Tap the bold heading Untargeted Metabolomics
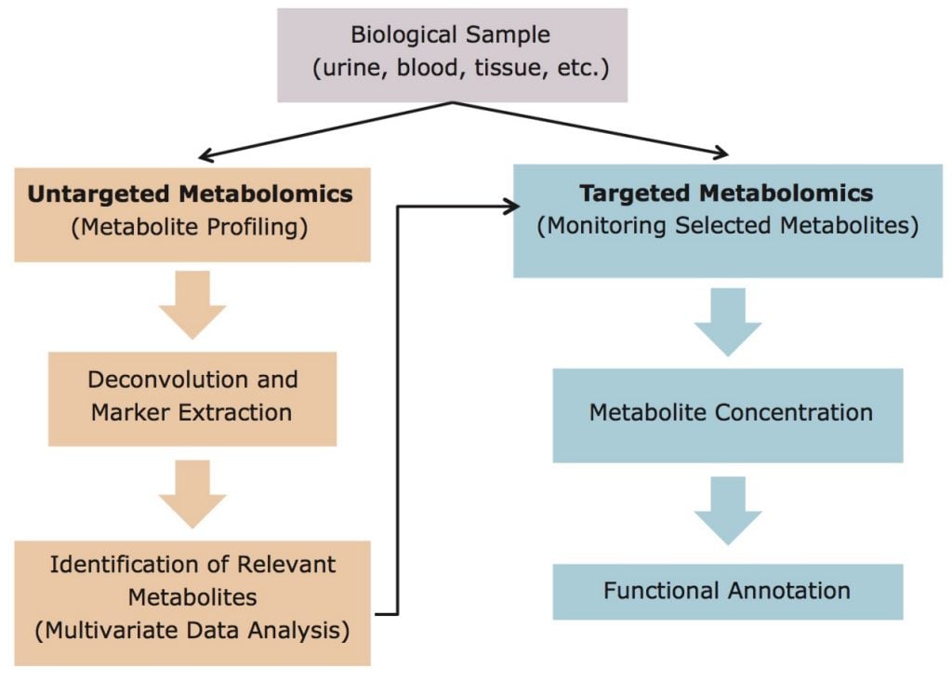(191, 194)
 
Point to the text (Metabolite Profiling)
(191, 226)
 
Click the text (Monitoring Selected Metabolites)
(726, 225)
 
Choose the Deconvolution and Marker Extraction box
(192, 396)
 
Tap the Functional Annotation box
(727, 591)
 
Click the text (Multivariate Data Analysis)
(192, 630)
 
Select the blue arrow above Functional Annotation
(727, 511)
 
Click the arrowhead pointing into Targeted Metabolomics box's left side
(511, 207)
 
